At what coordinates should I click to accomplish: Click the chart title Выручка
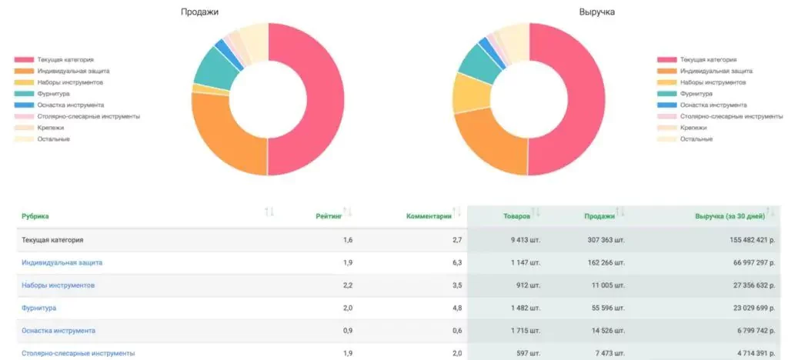click(x=597, y=12)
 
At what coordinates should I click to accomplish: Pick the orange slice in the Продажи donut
click(x=223, y=138)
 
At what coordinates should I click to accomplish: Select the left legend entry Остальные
click(x=53, y=138)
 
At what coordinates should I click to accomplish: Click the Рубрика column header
click(x=35, y=217)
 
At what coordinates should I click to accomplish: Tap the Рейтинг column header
click(x=329, y=217)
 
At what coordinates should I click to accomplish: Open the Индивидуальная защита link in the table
click(x=62, y=262)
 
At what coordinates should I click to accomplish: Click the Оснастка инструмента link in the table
click(x=58, y=331)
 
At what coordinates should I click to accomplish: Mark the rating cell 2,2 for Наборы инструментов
click(x=347, y=285)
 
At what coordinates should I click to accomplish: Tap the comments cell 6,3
click(x=456, y=262)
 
